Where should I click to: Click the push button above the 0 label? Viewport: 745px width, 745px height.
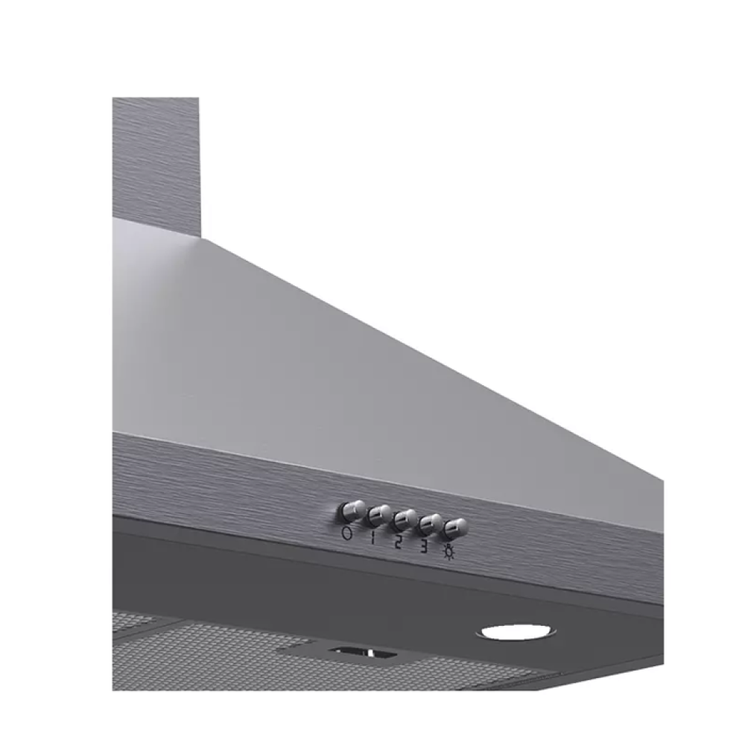[352, 511]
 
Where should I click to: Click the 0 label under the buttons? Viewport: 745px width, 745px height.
[347, 533]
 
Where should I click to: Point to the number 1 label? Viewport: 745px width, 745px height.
[373, 539]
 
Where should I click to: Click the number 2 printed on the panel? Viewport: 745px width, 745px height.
[399, 542]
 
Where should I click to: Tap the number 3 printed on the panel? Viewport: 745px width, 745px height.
[424, 548]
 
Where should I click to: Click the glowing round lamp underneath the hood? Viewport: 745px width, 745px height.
[516, 633]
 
